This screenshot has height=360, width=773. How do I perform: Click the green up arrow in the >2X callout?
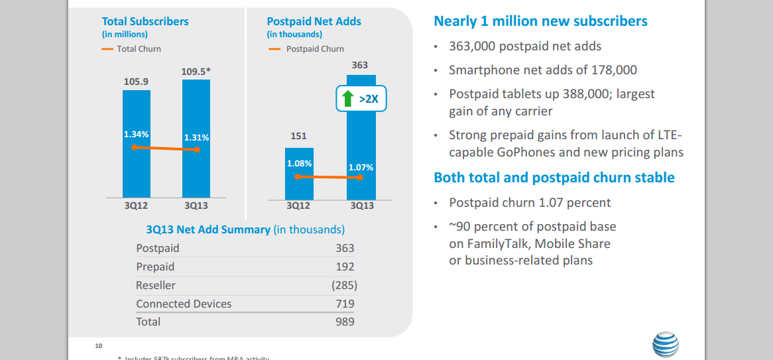tap(347, 99)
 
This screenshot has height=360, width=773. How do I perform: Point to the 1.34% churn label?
tap(137, 135)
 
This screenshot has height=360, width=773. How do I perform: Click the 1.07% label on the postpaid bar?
tap(361, 167)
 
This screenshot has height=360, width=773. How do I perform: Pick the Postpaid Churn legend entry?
tap(306, 48)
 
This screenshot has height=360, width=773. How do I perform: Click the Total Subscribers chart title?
tap(145, 21)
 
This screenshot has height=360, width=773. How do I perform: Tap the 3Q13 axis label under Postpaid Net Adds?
tap(361, 206)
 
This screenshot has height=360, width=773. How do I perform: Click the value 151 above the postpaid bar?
tap(299, 136)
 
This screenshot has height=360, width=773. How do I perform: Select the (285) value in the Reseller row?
tap(344, 285)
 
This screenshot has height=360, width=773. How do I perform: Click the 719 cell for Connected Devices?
tap(345, 304)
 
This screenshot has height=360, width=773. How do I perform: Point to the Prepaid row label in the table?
tap(155, 267)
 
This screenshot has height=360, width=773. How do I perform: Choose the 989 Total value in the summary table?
tap(345, 322)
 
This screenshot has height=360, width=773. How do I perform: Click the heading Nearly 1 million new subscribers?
tap(540, 21)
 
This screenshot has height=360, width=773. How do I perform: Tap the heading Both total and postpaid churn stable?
tap(554, 178)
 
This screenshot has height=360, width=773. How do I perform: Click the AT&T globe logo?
tap(665, 346)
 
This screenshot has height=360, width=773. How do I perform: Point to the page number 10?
tap(99, 346)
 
